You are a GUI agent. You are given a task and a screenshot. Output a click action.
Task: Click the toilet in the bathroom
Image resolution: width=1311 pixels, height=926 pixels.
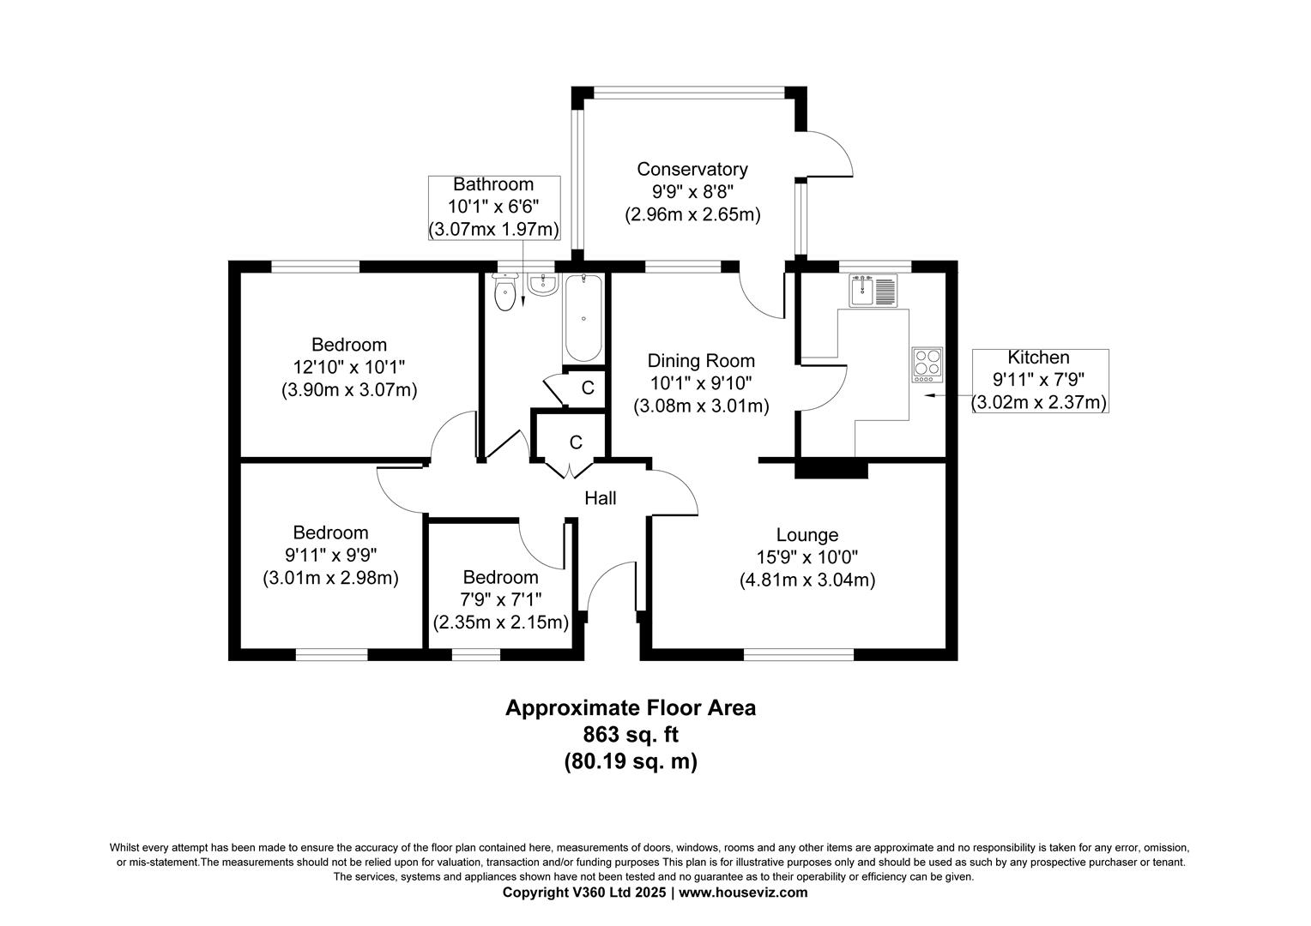click(506, 294)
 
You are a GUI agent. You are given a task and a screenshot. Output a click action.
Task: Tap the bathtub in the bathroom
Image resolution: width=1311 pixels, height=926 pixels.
click(583, 318)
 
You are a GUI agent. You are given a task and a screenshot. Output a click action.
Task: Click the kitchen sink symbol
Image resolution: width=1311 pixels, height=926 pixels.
click(872, 290)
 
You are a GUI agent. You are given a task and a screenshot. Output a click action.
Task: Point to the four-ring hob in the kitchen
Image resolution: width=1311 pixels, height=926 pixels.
click(927, 364)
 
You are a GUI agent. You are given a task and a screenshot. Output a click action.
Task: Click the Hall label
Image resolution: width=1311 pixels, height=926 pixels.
click(601, 498)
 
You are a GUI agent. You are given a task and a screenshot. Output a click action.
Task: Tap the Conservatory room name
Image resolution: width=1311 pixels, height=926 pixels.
click(692, 169)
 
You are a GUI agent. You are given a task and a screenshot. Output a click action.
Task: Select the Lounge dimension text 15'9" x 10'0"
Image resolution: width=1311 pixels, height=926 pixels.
click(807, 557)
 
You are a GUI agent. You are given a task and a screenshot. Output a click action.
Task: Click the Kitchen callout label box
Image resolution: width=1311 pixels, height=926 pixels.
click(1039, 381)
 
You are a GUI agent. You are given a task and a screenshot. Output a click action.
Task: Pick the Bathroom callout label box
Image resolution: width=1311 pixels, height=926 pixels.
click(493, 207)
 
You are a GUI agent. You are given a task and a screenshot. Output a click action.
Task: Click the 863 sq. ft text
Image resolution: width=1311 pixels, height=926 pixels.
click(631, 735)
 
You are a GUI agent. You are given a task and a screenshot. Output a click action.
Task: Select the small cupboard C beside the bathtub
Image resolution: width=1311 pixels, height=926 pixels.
click(587, 388)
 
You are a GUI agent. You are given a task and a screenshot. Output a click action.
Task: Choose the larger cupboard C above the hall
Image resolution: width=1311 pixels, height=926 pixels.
click(576, 442)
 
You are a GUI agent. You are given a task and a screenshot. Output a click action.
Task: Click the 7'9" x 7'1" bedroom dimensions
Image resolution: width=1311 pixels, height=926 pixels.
click(501, 599)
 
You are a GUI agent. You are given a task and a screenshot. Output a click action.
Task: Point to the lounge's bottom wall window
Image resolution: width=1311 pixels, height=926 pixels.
click(799, 655)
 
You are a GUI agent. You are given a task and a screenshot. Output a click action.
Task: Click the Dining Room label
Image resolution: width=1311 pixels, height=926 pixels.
click(700, 361)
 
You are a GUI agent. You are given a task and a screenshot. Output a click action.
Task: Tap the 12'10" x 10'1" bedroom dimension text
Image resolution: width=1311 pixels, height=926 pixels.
click(348, 367)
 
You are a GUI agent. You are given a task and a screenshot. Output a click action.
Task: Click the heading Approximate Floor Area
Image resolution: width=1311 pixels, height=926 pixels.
click(631, 708)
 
